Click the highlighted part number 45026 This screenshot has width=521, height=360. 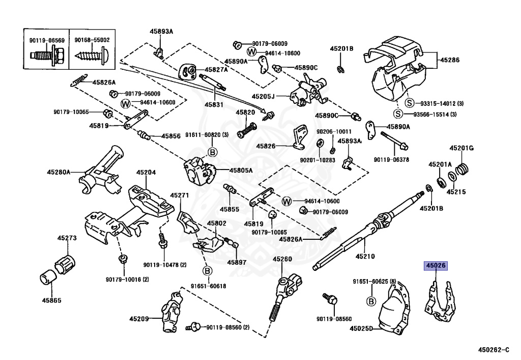436,266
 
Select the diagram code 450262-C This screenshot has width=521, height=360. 494,350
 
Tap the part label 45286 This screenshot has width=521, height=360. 450,60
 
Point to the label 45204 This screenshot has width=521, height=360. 146,172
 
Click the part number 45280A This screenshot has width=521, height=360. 59,172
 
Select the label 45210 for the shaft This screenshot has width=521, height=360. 365,256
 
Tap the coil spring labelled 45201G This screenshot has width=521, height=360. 461,169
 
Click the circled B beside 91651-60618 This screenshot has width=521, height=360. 208,271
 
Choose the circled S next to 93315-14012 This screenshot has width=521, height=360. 410,103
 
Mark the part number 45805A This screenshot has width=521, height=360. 241,171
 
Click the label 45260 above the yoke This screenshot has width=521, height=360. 282,259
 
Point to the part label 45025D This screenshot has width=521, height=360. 361,328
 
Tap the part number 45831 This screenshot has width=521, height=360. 214,105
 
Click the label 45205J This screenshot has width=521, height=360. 263,96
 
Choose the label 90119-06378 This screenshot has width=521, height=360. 391,159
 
